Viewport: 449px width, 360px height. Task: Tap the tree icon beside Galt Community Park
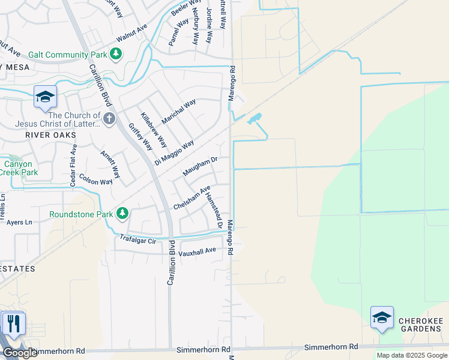[x=116, y=55]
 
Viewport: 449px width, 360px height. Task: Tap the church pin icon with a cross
[x=109, y=118]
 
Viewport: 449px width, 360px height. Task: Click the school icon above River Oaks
[x=45, y=98]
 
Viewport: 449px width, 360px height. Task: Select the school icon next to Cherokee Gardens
[x=382, y=318]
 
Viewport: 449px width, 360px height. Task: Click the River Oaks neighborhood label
[x=51, y=135]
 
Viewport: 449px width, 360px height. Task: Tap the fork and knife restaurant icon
[x=13, y=324]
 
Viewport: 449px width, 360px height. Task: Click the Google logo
[x=20, y=353]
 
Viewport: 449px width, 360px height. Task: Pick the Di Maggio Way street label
[x=174, y=152]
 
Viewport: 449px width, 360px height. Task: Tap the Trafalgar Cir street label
[x=138, y=239]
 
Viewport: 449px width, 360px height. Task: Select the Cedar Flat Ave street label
[x=73, y=165]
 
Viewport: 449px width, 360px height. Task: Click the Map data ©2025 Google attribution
[x=411, y=355]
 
